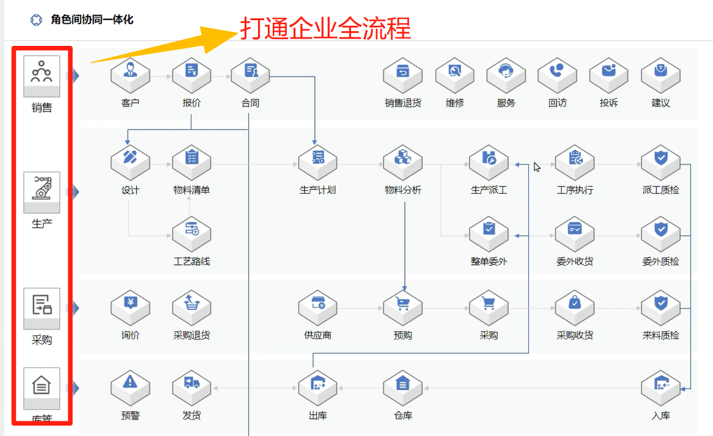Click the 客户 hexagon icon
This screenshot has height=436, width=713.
(x=130, y=75)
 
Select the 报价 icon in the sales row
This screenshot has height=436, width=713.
(x=191, y=75)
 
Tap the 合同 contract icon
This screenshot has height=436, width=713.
(x=250, y=75)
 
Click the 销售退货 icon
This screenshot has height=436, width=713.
(x=402, y=75)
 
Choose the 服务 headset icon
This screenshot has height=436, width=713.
(x=506, y=75)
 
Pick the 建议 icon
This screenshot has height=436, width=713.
(x=660, y=75)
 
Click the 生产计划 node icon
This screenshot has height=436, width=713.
(x=317, y=162)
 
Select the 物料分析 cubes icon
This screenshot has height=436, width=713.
(x=402, y=162)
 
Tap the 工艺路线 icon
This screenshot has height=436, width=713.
(x=191, y=234)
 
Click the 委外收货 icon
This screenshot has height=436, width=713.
(x=575, y=234)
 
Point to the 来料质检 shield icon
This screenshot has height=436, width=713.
(x=660, y=308)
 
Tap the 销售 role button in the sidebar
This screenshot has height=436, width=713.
(x=42, y=76)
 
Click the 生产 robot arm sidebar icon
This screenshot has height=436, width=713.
(x=42, y=192)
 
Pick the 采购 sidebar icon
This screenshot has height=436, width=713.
(x=42, y=309)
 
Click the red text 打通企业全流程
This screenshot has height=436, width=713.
(x=325, y=28)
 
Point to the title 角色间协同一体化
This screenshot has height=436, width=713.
(x=92, y=20)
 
